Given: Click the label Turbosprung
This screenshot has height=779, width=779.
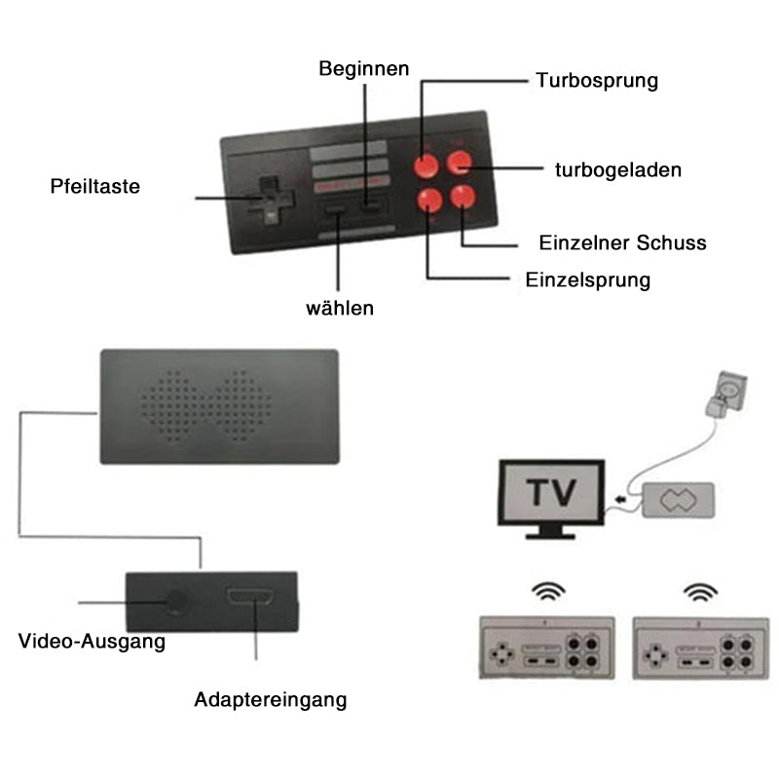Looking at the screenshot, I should point(596,81).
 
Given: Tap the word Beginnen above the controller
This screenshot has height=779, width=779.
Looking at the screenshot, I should point(364,69).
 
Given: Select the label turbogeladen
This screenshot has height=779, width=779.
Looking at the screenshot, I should point(617,169).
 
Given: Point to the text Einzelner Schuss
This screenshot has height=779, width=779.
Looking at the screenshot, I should point(622,242).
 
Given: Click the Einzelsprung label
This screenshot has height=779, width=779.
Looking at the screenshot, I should point(587,280).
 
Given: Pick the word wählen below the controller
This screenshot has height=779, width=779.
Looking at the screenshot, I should point(340,309).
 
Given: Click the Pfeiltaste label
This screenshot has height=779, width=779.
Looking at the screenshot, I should point(95,185).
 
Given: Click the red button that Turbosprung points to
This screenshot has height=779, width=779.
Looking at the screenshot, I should point(427,164).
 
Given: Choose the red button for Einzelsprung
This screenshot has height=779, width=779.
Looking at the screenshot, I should point(427,201).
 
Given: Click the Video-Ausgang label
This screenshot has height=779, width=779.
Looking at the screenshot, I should point(92,643).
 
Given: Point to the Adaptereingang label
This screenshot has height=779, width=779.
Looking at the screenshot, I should point(270,699).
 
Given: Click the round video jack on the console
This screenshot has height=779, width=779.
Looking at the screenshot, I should point(176,601).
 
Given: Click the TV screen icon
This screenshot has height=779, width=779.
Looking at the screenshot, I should point(549,493).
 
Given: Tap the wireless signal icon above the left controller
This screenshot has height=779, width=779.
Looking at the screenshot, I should point(545,591).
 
